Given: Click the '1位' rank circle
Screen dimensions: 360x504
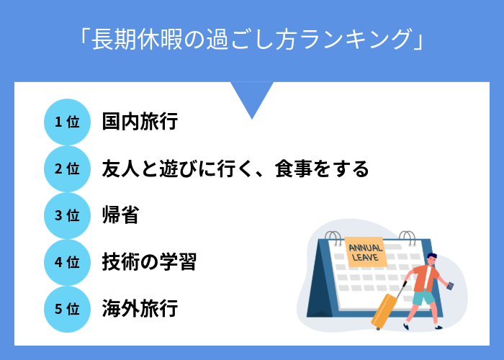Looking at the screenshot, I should point(67,122).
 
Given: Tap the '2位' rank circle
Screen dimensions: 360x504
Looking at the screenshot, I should point(67,168).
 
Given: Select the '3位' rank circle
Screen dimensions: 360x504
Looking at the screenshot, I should point(67,215).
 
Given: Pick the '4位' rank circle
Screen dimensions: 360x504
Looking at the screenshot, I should point(67,262).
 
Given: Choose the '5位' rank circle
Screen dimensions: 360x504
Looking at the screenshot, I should point(67,309).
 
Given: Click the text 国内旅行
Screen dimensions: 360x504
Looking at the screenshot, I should point(140,122).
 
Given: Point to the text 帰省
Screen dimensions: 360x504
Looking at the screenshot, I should point(120,215).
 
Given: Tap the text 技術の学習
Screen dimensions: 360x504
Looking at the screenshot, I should point(149,262).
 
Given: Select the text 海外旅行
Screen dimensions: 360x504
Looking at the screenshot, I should point(140,309).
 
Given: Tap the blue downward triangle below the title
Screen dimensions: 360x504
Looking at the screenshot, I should point(252,98).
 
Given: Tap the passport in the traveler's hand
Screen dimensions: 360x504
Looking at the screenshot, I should point(452,286).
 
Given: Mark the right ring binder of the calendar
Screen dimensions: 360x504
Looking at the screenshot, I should point(407,239).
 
